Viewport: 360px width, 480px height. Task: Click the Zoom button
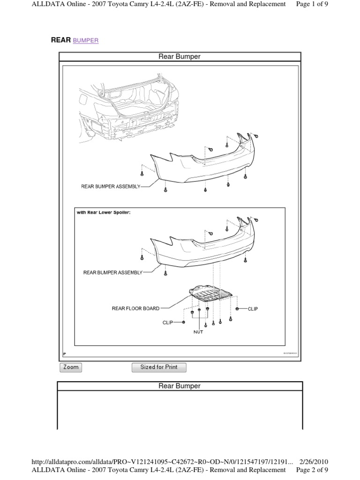[71, 367]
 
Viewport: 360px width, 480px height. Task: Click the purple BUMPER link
[86, 41]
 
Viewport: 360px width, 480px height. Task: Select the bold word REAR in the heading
[60, 40]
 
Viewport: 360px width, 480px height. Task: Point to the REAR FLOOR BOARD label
[135, 308]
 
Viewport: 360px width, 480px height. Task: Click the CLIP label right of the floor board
[253, 309]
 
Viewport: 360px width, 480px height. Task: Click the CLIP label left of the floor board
[167, 322]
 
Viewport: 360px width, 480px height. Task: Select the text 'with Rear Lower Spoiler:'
[104, 212]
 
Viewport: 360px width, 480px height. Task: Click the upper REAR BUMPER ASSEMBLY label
[111, 186]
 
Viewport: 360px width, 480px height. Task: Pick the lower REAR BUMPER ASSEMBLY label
[112, 272]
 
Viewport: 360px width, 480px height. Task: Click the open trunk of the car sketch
[136, 101]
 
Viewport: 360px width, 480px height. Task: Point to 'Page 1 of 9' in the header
[312, 4]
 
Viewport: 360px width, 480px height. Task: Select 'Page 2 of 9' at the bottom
[312, 470]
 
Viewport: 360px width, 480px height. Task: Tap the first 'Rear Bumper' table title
[180, 57]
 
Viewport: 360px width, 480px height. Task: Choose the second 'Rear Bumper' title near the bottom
[180, 386]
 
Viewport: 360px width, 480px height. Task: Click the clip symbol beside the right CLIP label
[238, 309]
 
